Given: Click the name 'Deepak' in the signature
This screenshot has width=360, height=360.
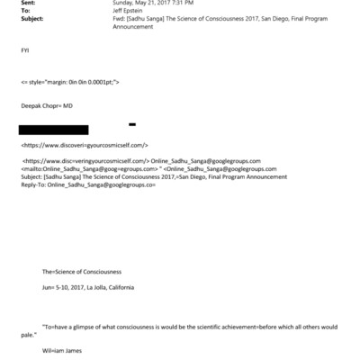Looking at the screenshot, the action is click(x=31, y=106).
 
